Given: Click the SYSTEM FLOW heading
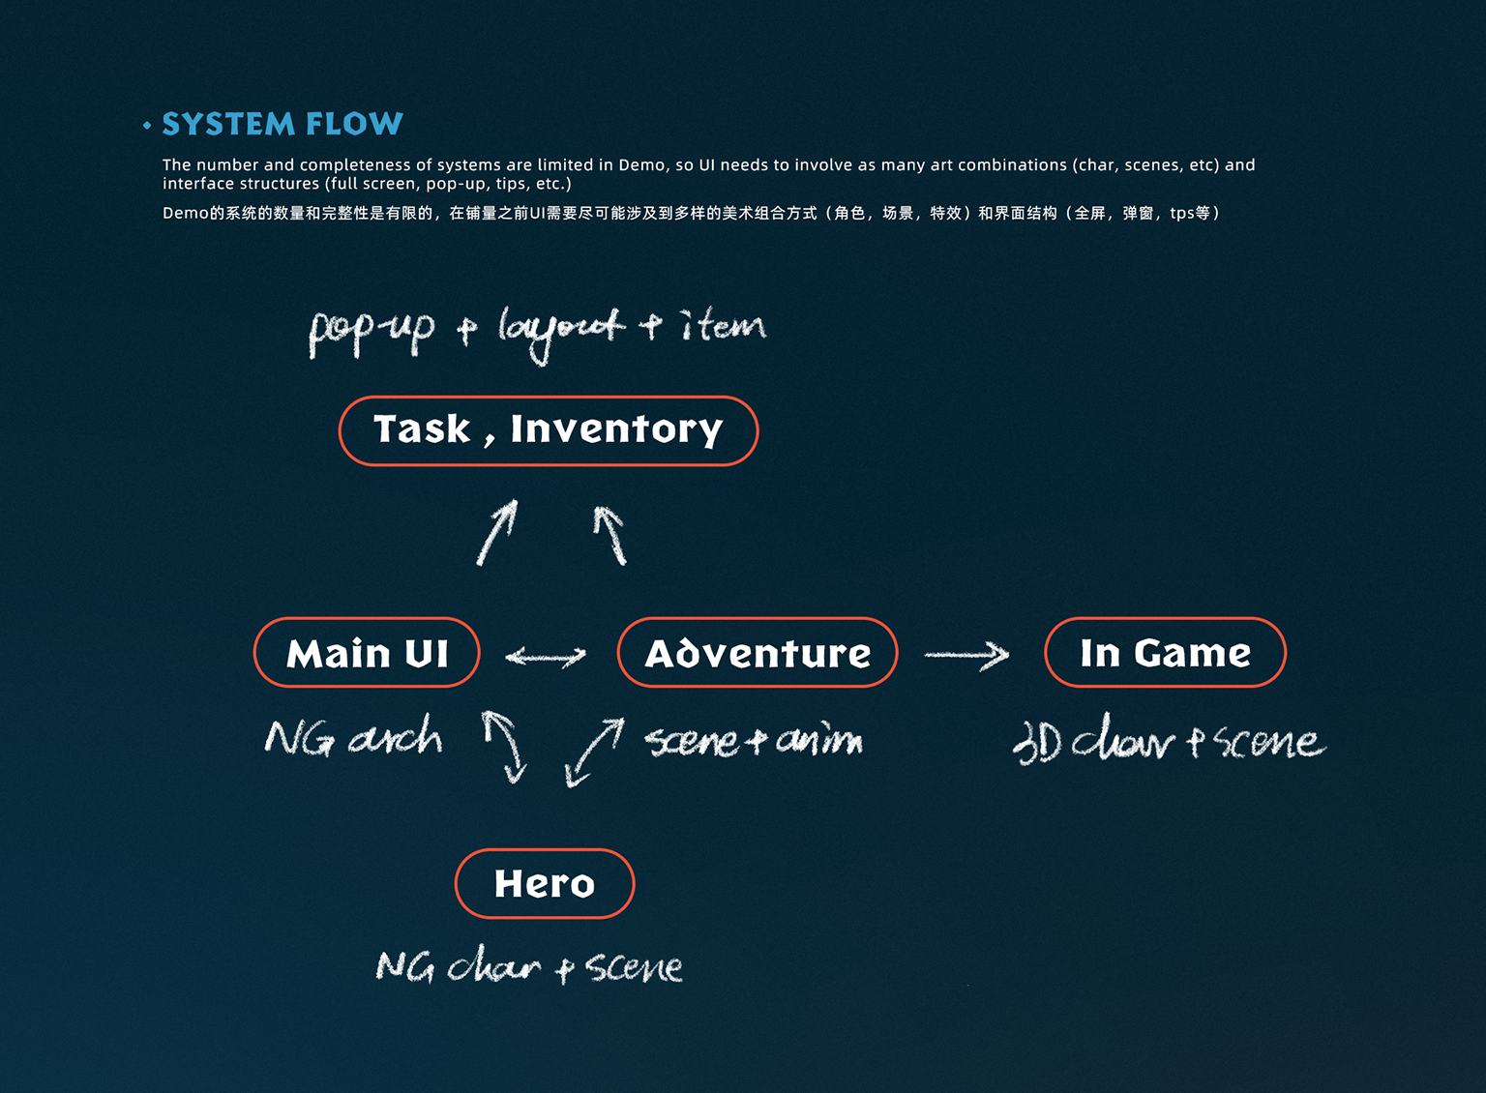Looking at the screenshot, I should click(x=282, y=124).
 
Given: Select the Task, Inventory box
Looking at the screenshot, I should click(x=548, y=430).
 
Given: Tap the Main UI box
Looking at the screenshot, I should click(x=367, y=653).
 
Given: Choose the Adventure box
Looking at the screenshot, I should click(x=758, y=653).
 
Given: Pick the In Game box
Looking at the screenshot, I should click(x=1165, y=653).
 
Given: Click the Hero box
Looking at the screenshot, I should click(x=544, y=883).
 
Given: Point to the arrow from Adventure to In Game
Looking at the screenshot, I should click(x=966, y=656).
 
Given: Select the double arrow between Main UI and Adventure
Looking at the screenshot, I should click(x=546, y=657).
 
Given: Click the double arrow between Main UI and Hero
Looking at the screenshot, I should click(x=505, y=746).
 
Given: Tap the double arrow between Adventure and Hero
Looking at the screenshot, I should click(x=594, y=752).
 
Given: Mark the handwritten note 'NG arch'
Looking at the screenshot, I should click(x=354, y=739).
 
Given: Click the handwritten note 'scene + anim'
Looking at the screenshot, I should click(x=754, y=742).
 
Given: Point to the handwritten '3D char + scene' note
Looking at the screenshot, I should click(x=1169, y=742).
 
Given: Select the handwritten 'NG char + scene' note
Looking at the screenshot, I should click(x=529, y=966).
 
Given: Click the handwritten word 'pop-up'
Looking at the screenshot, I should click(x=371, y=331).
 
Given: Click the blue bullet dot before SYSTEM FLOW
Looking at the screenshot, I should click(x=147, y=125).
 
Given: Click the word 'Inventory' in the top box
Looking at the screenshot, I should click(x=616, y=428).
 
